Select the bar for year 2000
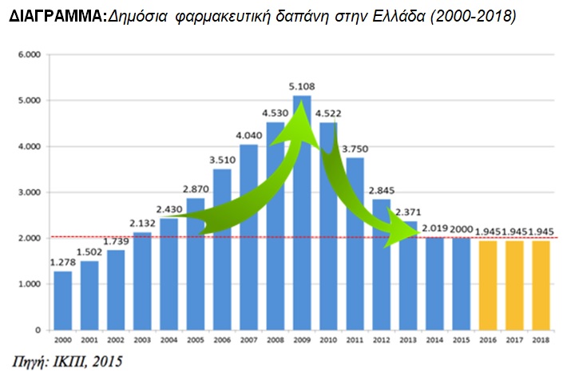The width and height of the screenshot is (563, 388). coord(63,301)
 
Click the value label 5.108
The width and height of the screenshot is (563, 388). coord(302,85)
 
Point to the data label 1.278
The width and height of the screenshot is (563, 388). coord(63,261)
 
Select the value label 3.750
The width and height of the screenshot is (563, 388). coord(355,147)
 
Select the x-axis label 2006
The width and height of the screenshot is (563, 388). coord(222,340)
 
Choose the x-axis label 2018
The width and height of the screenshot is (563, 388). coord(541,340)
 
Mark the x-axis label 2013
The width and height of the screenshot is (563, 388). coord(408,340)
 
